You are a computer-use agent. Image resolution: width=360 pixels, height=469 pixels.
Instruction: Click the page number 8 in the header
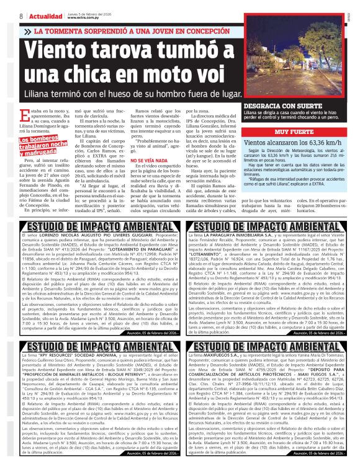click(21, 15)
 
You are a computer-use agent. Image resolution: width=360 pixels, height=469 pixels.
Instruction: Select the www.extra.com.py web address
click(84, 19)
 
